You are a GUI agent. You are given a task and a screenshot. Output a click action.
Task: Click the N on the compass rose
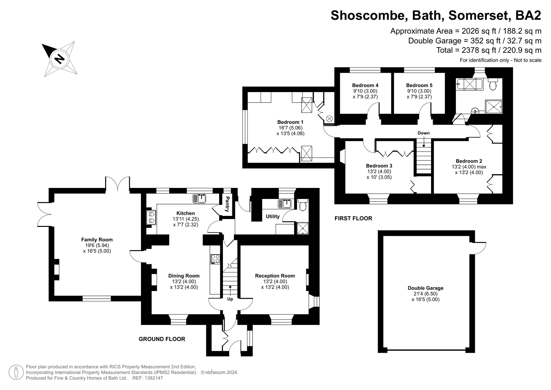[59, 59]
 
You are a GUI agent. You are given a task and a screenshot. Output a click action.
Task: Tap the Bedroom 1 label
[290, 122]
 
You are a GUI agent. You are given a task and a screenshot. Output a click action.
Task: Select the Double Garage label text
[426, 288]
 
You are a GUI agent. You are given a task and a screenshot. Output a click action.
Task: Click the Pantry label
[227, 204]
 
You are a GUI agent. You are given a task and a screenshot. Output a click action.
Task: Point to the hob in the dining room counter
[215, 259]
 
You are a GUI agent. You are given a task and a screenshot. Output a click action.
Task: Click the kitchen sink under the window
[200, 198]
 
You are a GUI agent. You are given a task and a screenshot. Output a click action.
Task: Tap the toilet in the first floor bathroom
[493, 84]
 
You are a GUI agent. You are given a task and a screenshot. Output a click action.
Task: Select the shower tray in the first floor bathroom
[493, 107]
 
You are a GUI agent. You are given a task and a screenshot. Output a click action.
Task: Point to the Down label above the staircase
[424, 133]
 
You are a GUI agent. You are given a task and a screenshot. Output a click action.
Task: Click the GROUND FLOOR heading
[162, 339]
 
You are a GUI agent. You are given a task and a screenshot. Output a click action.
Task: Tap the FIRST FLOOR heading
[353, 218]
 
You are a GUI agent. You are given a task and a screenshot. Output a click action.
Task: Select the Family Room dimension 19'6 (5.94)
[97, 245]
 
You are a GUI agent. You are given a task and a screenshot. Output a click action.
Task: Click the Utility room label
[273, 217]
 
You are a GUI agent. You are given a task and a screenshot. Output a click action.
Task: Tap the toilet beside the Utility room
[302, 205]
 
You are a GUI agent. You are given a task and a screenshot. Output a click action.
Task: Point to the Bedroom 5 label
[419, 86]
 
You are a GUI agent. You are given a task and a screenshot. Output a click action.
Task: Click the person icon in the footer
[16, 372]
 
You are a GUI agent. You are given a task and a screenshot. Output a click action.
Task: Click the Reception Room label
[275, 276]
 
